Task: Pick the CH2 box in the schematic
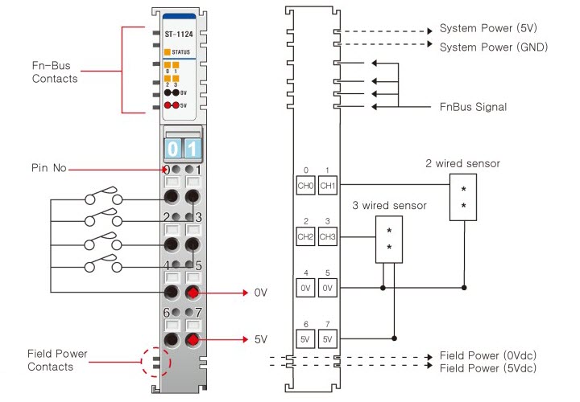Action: click(305, 237)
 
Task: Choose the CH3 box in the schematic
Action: click(327, 237)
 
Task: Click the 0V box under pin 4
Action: click(305, 287)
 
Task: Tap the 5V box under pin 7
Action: click(327, 338)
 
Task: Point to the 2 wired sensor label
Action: click(462, 164)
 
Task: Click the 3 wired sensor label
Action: click(389, 206)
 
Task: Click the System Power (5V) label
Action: click(487, 29)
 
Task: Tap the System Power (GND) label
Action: click(493, 47)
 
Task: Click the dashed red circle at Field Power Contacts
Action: click(158, 363)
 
